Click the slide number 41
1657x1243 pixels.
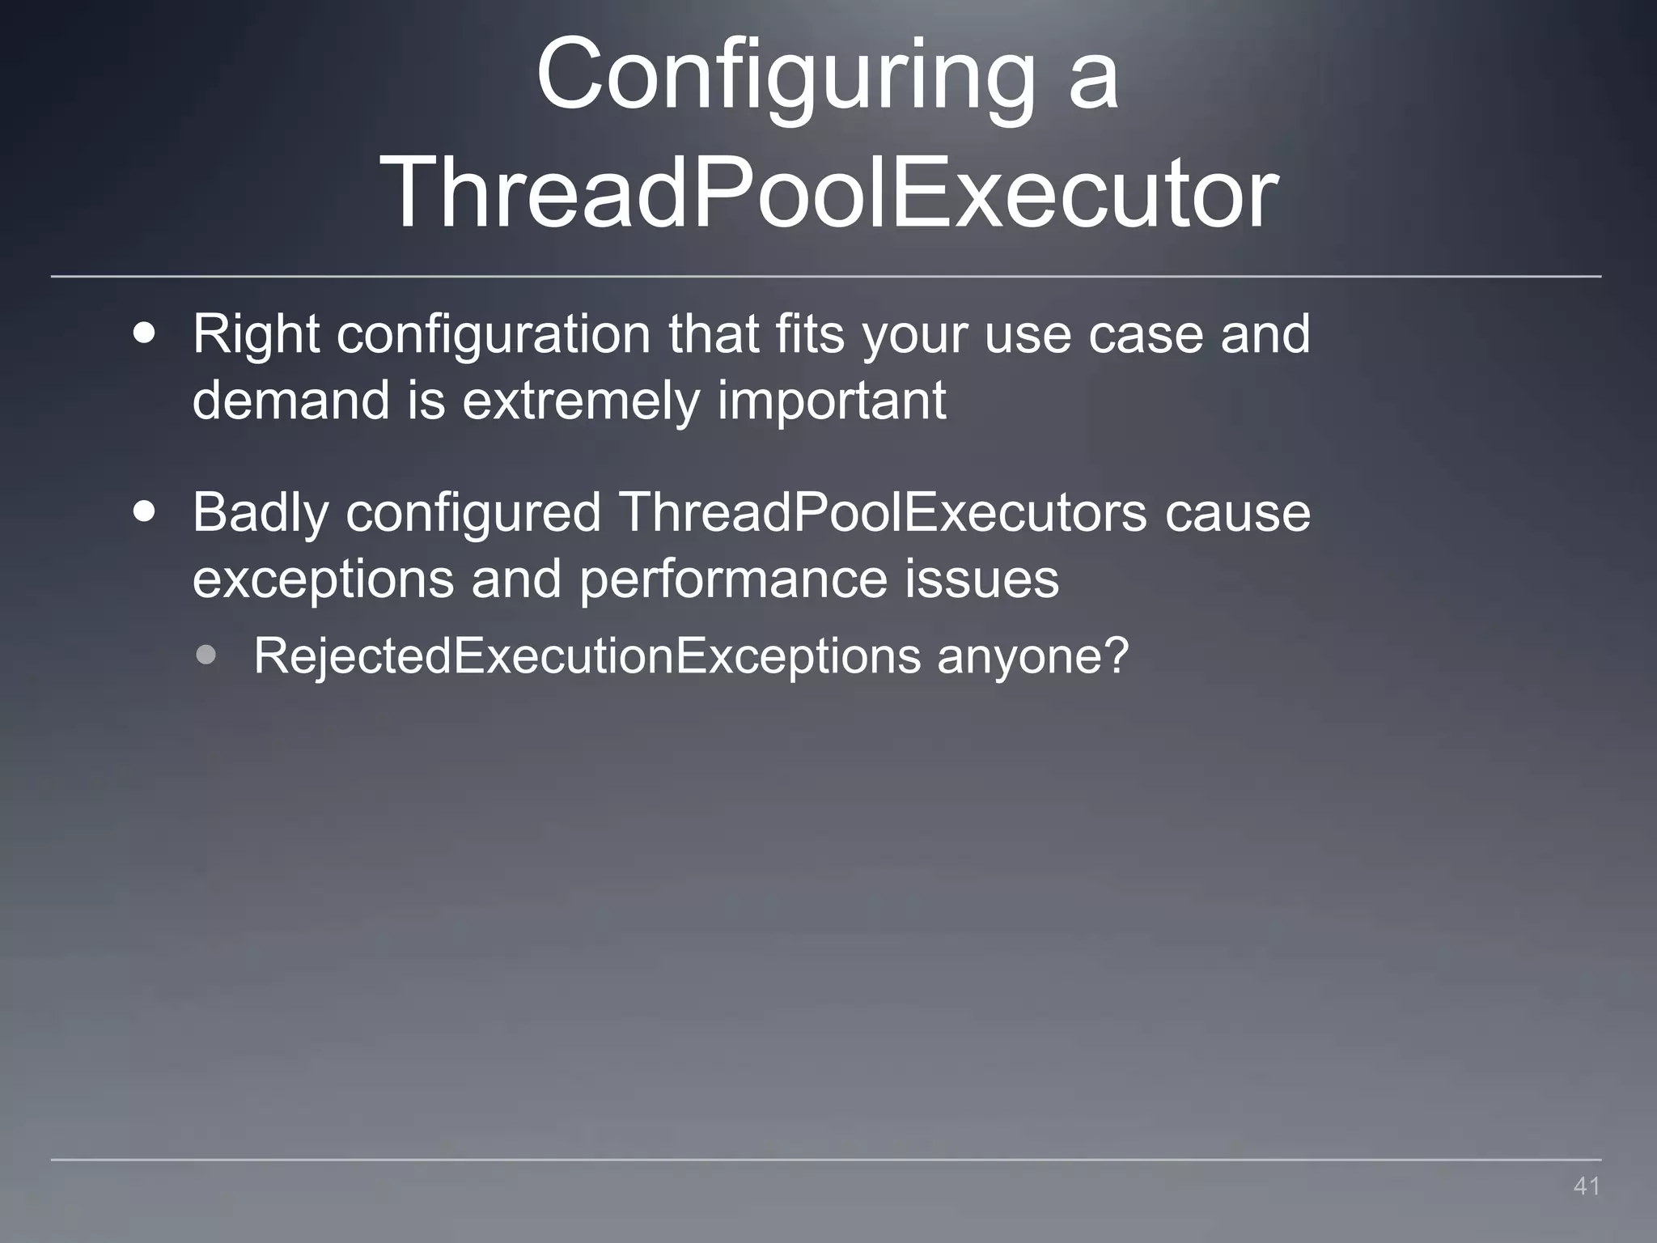pyautogui.click(x=1587, y=1186)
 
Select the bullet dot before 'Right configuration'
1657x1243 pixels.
pyautogui.click(x=145, y=335)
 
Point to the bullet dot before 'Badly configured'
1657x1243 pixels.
pyautogui.click(x=145, y=513)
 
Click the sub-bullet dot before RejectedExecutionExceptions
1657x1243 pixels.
pyautogui.click(x=206, y=655)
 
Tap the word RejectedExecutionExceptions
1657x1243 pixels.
pyautogui.click(x=587, y=655)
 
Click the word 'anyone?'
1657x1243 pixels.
pyautogui.click(x=1032, y=656)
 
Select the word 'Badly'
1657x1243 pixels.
pyautogui.click(x=260, y=513)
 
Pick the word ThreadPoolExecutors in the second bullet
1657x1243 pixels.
pyautogui.click(x=883, y=513)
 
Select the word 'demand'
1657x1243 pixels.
pyautogui.click(x=290, y=401)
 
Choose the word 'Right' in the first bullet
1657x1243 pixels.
pyautogui.click(x=256, y=335)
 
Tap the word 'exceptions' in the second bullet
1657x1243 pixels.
pyautogui.click(x=323, y=579)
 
